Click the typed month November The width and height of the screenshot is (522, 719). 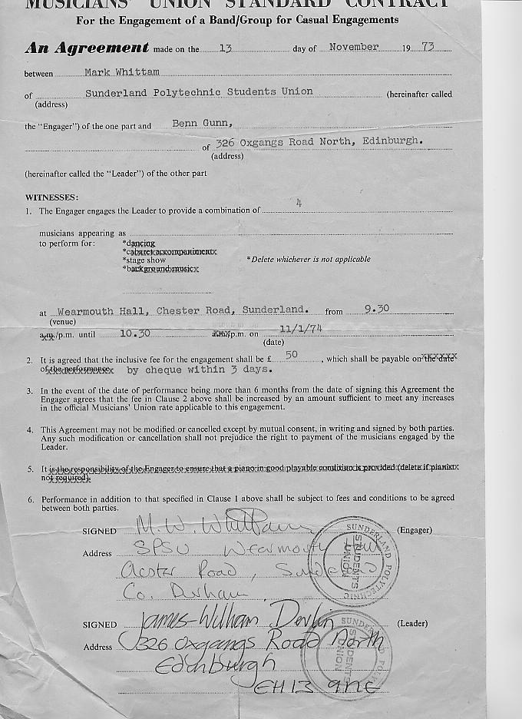point(353,48)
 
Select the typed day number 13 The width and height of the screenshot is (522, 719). point(226,48)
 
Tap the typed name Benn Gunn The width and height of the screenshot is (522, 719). point(202,124)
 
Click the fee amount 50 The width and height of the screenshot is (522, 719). point(292,355)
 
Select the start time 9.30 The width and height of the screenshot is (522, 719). point(377,309)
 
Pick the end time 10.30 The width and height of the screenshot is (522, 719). point(134,333)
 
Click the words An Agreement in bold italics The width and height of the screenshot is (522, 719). point(87,48)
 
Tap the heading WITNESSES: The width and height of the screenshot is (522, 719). point(51,197)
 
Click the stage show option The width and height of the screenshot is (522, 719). point(144,260)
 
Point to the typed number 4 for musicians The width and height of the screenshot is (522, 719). point(299,203)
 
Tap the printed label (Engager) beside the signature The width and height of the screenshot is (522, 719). point(415,530)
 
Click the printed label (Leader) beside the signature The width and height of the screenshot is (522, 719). point(414,624)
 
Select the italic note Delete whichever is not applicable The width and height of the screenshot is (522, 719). point(308,259)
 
